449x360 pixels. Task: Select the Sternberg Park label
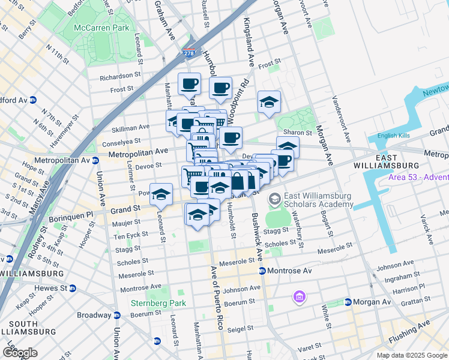click(158, 303)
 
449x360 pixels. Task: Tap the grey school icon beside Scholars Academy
click(274, 198)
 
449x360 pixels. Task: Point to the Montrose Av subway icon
click(262, 271)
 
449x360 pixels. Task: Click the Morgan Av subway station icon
click(348, 302)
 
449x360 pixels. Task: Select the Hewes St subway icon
click(73, 289)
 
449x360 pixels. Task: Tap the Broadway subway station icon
click(116, 315)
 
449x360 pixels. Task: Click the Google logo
click(20, 353)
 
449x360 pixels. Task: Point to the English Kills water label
click(394, 136)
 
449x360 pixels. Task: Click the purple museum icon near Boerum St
click(299, 296)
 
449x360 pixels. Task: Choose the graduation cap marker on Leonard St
click(161, 194)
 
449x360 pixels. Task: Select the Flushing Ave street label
click(409, 332)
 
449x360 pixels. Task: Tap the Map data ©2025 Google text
click(411, 355)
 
